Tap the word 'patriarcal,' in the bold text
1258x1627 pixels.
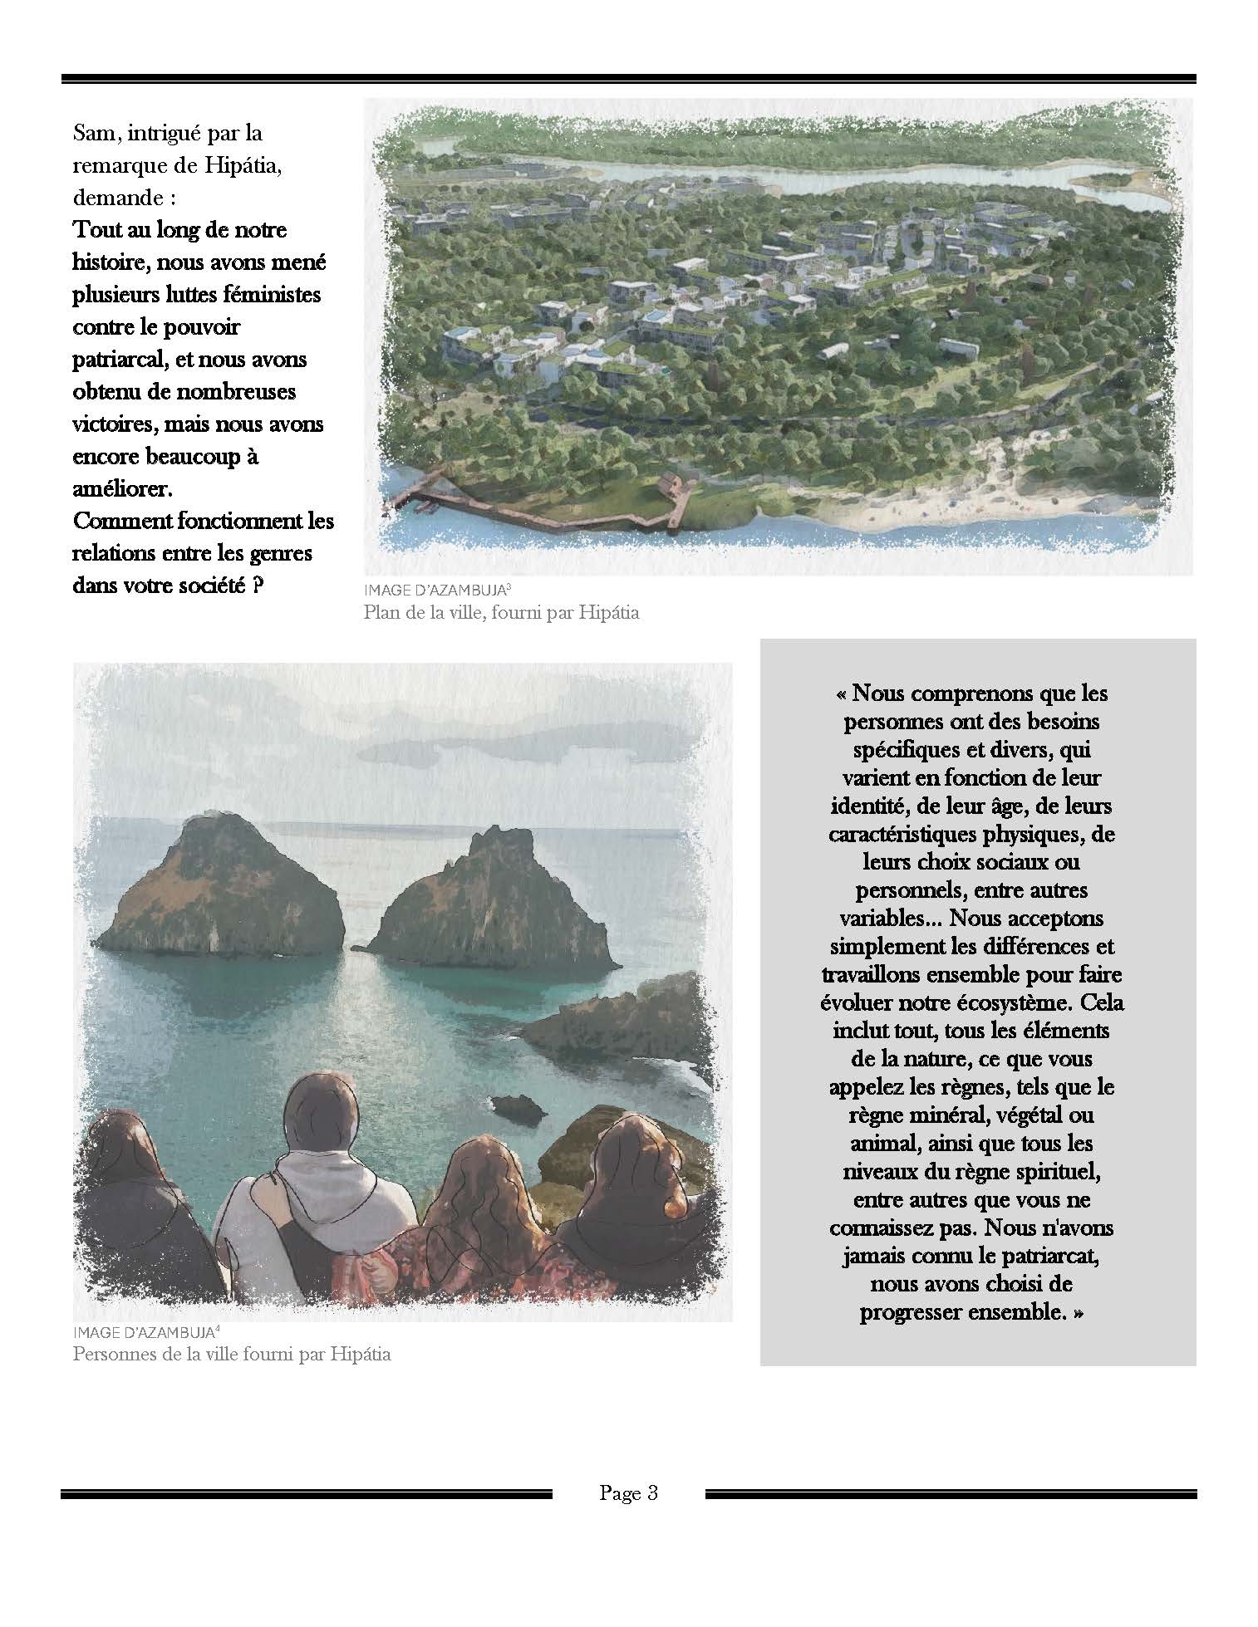coord(119,360)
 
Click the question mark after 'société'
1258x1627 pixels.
coord(258,586)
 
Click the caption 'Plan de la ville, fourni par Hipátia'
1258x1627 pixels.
coord(501,614)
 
